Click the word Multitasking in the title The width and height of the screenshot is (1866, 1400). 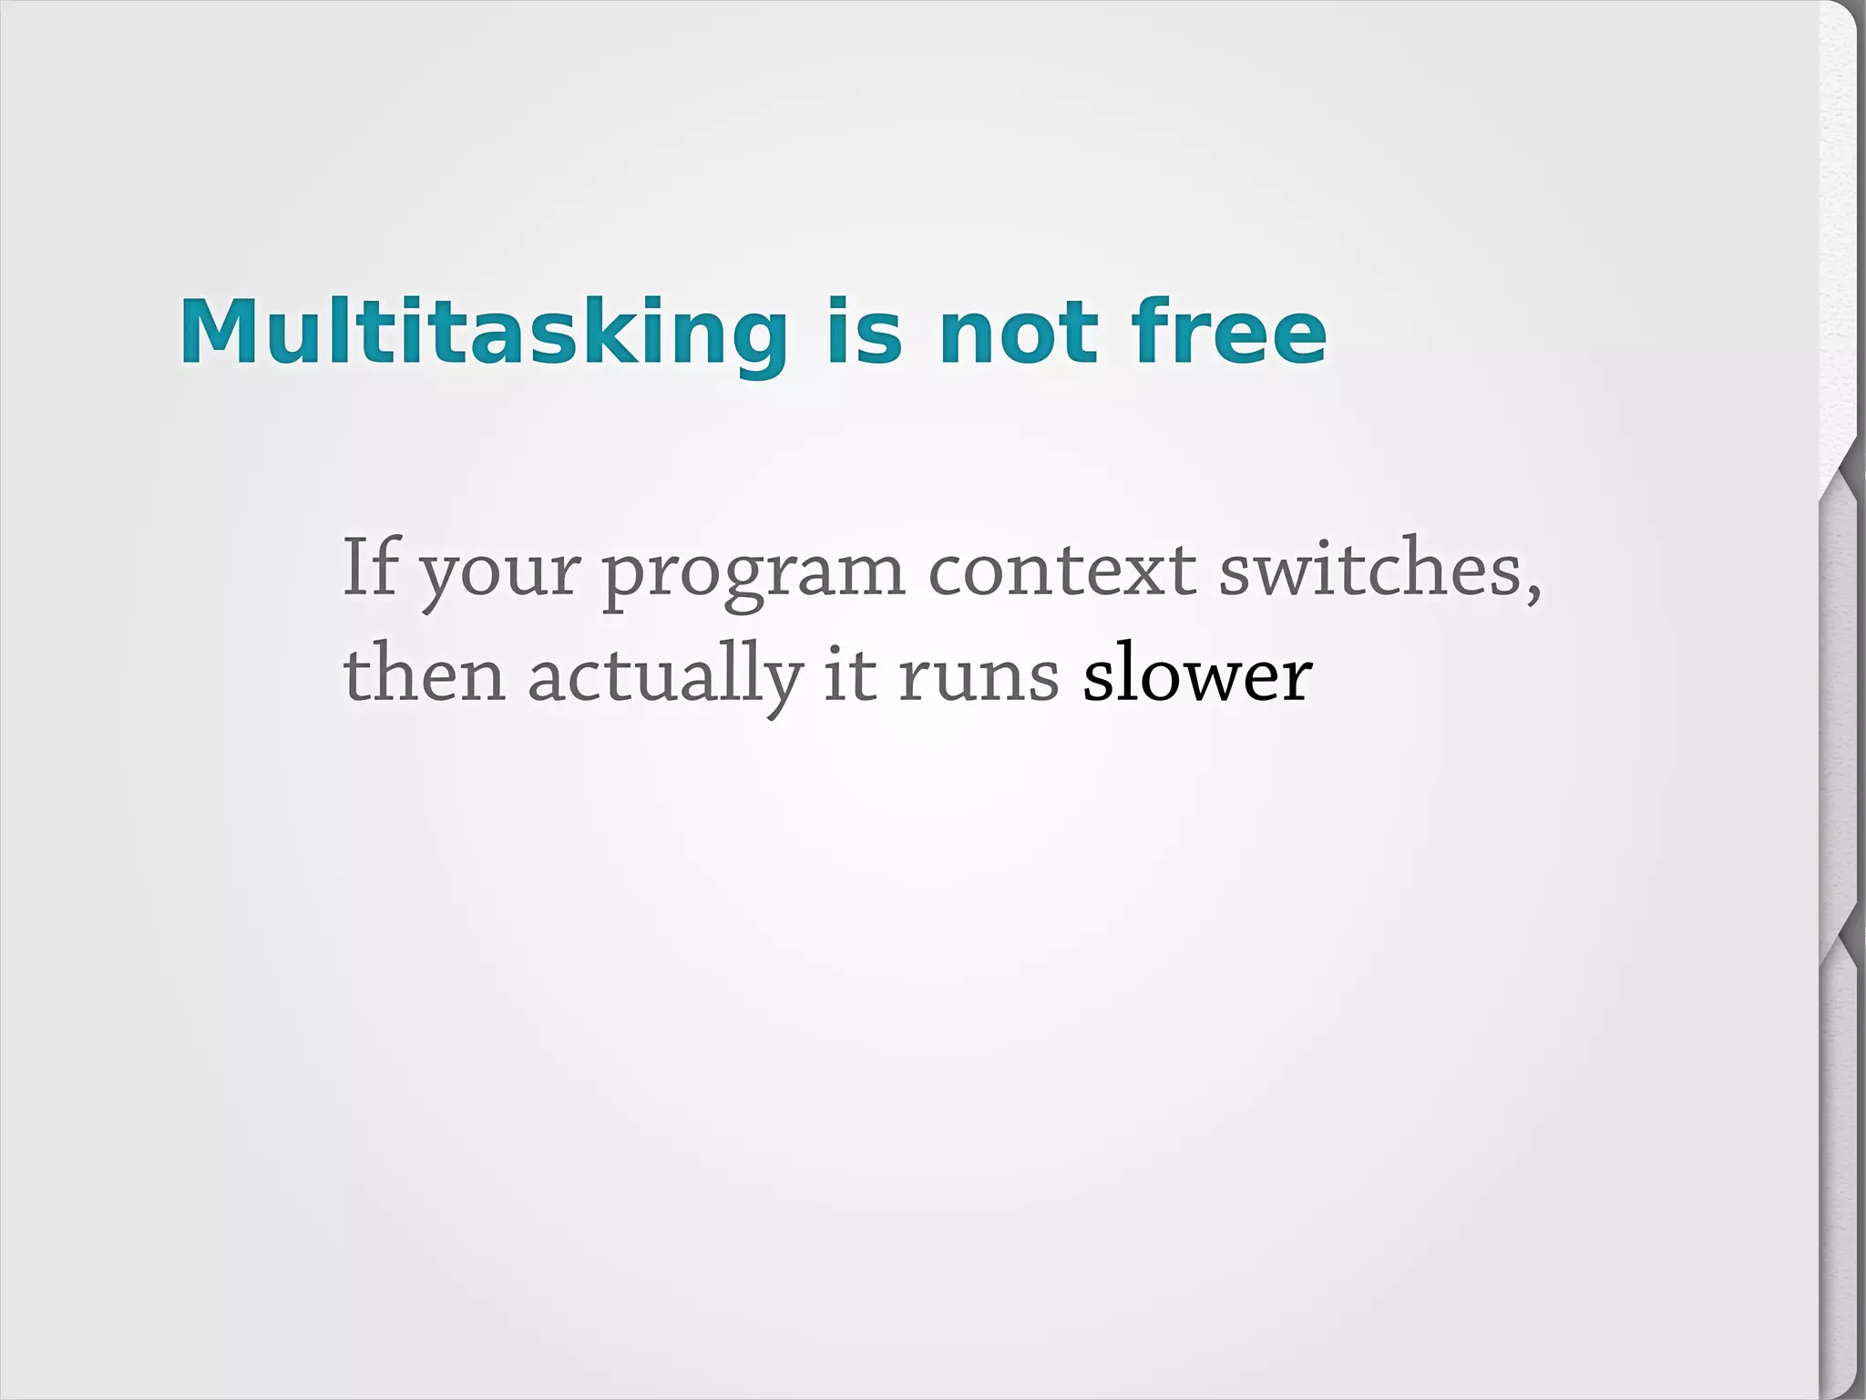pos(483,332)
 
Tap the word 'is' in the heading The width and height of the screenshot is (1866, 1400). pos(864,332)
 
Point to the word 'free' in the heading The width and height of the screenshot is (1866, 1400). pos(1230,332)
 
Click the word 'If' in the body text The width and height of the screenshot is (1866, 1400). pos(370,567)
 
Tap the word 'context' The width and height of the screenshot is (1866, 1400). pos(1062,571)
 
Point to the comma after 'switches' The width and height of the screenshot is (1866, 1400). pos(1534,592)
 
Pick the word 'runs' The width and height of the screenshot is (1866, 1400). pos(979,680)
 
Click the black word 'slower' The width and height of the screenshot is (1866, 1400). pos(1197,674)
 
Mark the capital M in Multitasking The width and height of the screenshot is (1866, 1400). pos(218,332)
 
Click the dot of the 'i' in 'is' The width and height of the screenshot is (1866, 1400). pos(838,302)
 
